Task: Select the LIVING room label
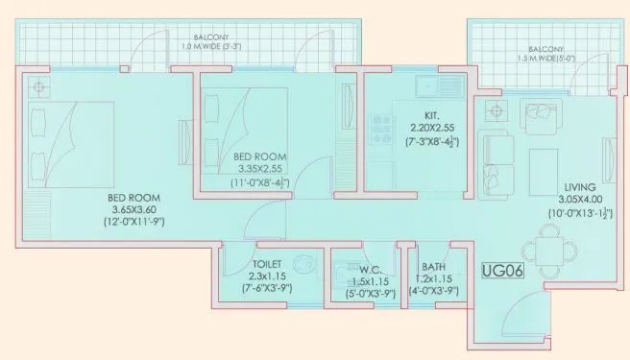click(580, 185)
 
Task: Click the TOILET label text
click(267, 262)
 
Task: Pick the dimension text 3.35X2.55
click(258, 168)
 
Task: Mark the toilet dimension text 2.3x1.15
click(268, 276)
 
